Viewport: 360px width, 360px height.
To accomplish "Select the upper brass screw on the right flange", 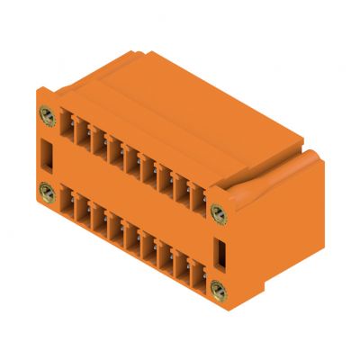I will [x=217, y=211].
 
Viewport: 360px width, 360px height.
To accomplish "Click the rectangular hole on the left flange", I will [x=47, y=155].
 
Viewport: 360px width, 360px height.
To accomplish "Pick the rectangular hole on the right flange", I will [x=217, y=249].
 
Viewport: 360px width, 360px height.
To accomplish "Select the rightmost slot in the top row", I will [x=199, y=199].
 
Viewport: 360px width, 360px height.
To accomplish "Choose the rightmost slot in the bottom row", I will [x=199, y=275].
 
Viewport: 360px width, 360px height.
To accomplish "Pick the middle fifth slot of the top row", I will [x=132, y=163].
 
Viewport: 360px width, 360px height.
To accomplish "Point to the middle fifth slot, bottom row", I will [x=132, y=239].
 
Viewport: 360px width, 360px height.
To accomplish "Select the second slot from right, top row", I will [x=183, y=190].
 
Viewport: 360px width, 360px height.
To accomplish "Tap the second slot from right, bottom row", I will [x=183, y=266].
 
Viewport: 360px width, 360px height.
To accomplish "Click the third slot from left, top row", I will [x=99, y=146].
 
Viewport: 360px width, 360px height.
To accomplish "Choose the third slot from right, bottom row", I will [x=166, y=257].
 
